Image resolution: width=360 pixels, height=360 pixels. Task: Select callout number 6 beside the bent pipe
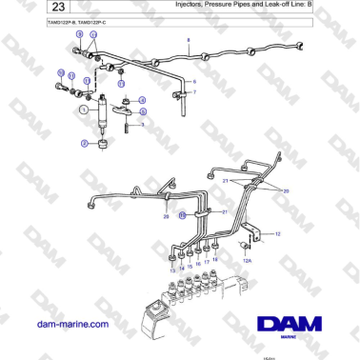(x=193, y=81)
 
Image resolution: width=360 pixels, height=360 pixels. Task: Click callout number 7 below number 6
(x=193, y=92)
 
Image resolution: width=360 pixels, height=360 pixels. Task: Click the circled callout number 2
(x=84, y=143)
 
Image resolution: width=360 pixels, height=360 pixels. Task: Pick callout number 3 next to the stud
(x=142, y=124)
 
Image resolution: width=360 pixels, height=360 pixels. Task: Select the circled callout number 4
(x=142, y=100)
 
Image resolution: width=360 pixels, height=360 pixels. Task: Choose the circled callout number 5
(x=142, y=110)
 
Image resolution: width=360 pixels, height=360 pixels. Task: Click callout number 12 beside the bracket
(x=277, y=232)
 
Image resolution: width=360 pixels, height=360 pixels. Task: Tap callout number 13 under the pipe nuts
(x=172, y=271)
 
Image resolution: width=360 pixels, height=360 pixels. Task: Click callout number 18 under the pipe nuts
(x=215, y=259)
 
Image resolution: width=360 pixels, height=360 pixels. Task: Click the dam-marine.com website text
(x=70, y=324)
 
